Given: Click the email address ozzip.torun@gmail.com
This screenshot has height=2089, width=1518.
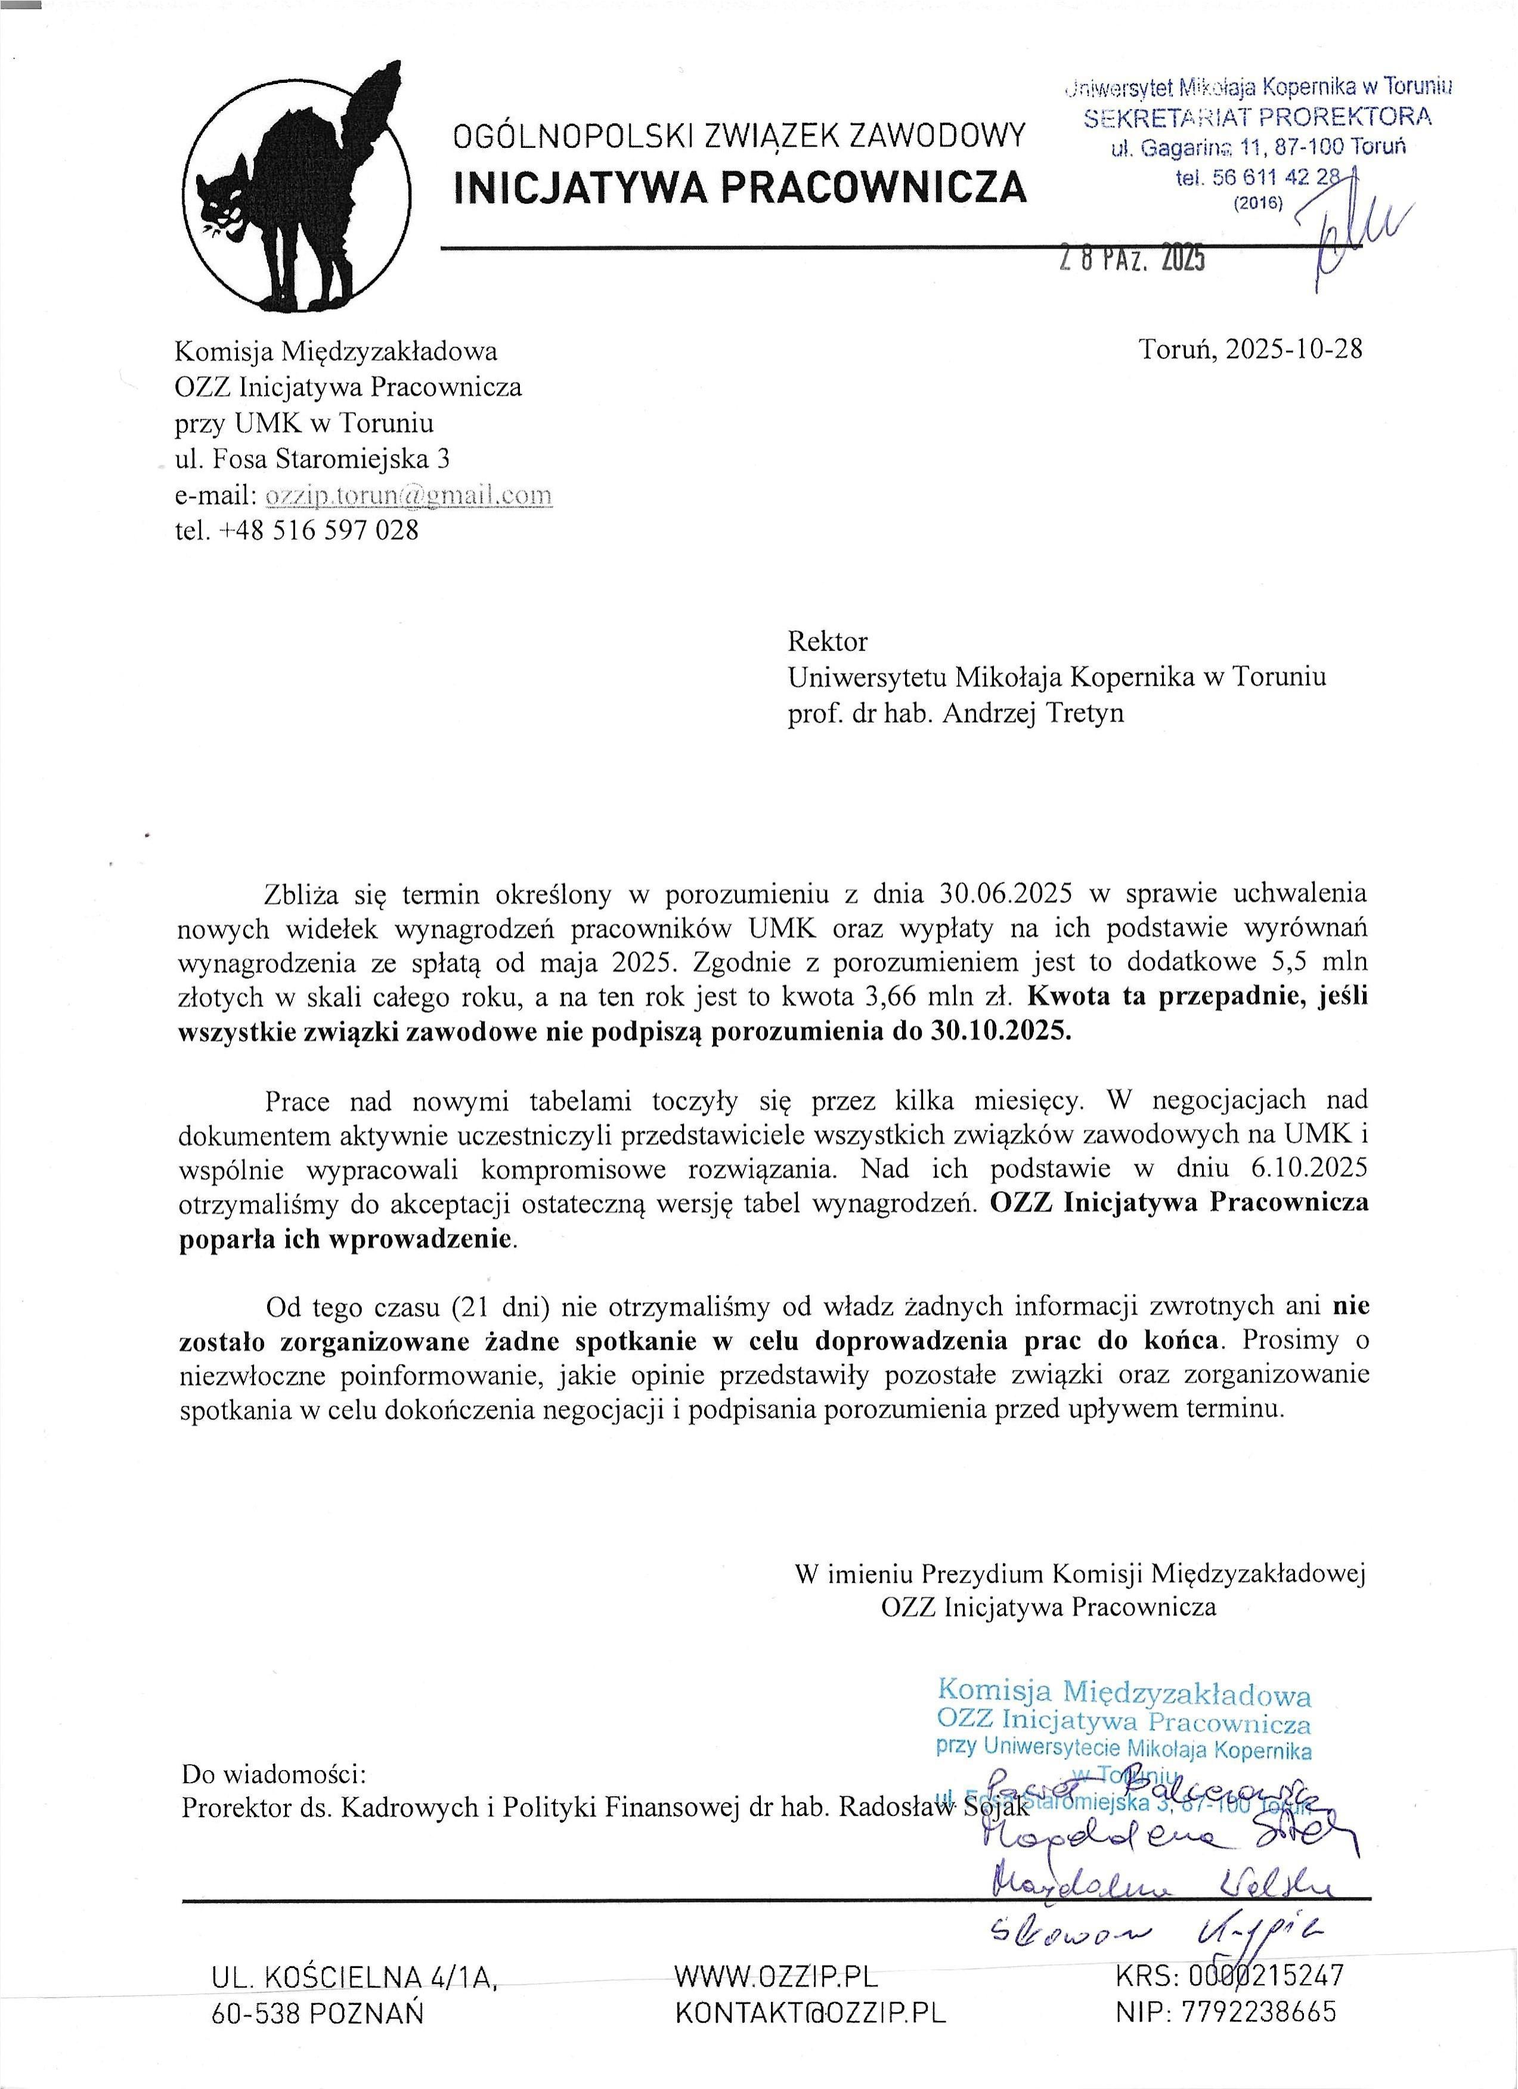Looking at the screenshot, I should [408, 495].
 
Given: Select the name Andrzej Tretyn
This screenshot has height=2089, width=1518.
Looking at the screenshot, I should [1033, 713].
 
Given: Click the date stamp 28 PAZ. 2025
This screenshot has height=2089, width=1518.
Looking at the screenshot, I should [1131, 262].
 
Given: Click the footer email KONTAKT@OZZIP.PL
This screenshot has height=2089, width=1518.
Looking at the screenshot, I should [811, 2013].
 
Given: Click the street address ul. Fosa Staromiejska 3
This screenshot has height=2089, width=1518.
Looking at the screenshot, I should [312, 458].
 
